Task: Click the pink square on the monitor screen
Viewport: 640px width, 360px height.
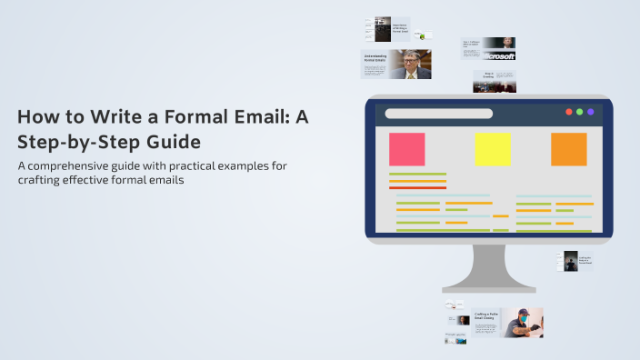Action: pyautogui.click(x=406, y=149)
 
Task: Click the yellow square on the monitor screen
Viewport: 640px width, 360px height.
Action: pyautogui.click(x=493, y=149)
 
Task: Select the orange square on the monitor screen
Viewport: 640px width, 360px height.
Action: pyautogui.click(x=569, y=149)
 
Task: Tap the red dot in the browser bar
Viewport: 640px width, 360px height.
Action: pyautogui.click(x=569, y=112)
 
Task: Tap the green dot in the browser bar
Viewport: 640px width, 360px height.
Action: pyautogui.click(x=580, y=112)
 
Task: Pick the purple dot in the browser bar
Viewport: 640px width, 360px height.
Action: pyautogui.click(x=591, y=112)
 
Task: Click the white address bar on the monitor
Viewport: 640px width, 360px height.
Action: pyautogui.click(x=439, y=114)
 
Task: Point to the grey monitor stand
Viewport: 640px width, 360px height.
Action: pyautogui.click(x=488, y=268)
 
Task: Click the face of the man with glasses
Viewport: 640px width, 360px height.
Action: pyautogui.click(x=410, y=62)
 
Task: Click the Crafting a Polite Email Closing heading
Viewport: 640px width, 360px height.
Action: pyautogui.click(x=486, y=316)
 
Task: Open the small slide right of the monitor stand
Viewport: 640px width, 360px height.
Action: pyautogui.click(x=575, y=262)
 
